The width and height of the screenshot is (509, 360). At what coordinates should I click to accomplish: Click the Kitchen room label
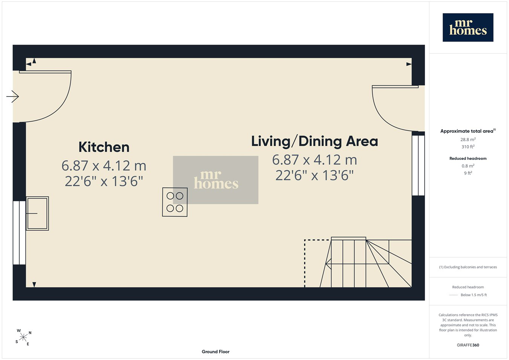[104, 147]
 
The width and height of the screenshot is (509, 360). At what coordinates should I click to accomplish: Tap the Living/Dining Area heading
[314, 141]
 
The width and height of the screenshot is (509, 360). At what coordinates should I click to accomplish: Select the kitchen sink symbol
[37, 213]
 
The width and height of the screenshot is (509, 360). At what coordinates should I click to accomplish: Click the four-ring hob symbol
[175, 202]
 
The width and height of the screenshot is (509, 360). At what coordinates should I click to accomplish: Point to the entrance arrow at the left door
[12, 97]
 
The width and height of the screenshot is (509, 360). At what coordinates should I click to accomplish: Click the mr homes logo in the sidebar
[468, 28]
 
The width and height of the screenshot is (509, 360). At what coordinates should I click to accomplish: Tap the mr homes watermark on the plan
[216, 180]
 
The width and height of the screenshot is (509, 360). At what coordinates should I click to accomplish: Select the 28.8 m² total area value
[468, 139]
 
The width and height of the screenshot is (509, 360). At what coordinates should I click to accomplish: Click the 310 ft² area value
[468, 147]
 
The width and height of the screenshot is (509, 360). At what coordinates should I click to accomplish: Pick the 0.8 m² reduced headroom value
[468, 166]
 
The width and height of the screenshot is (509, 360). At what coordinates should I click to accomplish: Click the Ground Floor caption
[216, 352]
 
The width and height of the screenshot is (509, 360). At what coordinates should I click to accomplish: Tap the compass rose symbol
[23, 337]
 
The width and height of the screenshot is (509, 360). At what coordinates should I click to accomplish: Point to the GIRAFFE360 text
[468, 345]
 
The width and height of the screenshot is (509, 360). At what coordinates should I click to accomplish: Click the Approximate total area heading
[468, 131]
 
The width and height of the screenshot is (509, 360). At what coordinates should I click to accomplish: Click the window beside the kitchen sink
[19, 233]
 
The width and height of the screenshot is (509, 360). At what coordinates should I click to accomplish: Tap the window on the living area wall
[419, 165]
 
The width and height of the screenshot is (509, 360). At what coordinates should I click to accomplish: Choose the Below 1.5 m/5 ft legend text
[474, 295]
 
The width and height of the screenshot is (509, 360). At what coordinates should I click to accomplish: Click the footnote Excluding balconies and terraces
[468, 267]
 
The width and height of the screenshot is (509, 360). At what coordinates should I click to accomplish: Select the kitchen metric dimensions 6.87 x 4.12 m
[104, 165]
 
